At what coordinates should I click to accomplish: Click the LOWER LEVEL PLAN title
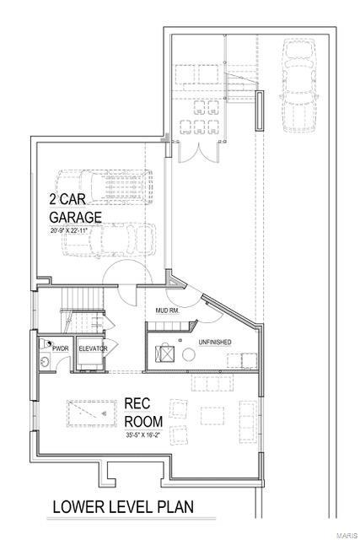pyautogui.click(x=122, y=507)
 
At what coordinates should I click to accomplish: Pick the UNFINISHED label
pyautogui.click(x=214, y=342)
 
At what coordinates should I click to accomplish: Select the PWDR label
pyautogui.click(x=60, y=348)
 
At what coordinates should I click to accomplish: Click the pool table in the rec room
pyautogui.click(x=90, y=414)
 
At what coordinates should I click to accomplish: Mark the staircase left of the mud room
pyautogui.click(x=81, y=312)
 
